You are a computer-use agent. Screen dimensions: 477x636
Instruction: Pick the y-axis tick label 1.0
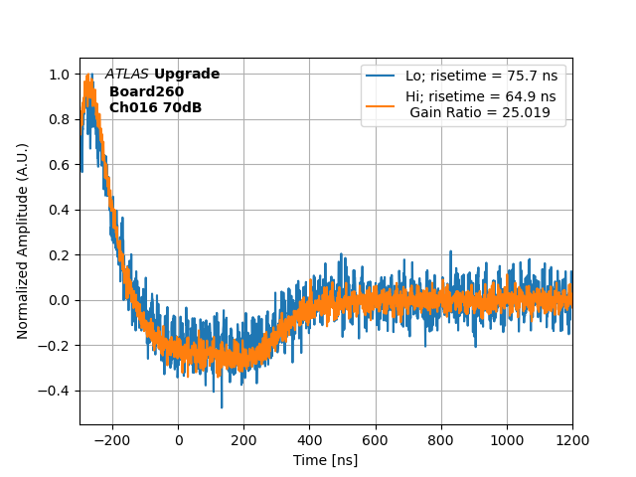pyautogui.click(x=59, y=75)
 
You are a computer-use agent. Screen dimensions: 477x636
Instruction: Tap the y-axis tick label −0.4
pyautogui.click(x=55, y=391)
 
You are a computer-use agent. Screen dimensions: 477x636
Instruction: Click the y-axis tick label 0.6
pyautogui.click(x=59, y=165)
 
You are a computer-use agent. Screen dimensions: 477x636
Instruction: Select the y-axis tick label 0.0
pyautogui.click(x=59, y=300)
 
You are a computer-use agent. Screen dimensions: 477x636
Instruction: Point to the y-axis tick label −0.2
pyautogui.click(x=55, y=346)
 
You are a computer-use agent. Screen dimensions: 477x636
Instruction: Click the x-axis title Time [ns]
pyautogui.click(x=325, y=460)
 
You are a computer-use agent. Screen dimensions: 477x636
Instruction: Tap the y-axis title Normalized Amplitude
pyautogui.click(x=23, y=240)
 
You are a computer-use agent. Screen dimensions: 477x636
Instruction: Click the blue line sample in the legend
pyautogui.click(x=381, y=76)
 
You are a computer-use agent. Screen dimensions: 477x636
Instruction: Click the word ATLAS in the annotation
pyautogui.click(x=126, y=75)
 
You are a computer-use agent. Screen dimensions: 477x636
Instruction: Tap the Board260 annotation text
pyautogui.click(x=146, y=91)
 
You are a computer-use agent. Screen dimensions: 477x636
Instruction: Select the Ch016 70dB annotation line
pyautogui.click(x=155, y=107)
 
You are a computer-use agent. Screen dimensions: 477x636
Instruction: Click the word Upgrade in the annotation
pyautogui.click(x=187, y=75)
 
